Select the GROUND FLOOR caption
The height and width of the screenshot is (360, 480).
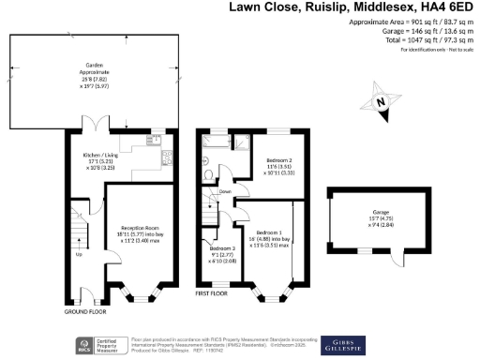tap(85, 310)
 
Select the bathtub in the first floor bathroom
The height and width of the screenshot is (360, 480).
tap(214, 142)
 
